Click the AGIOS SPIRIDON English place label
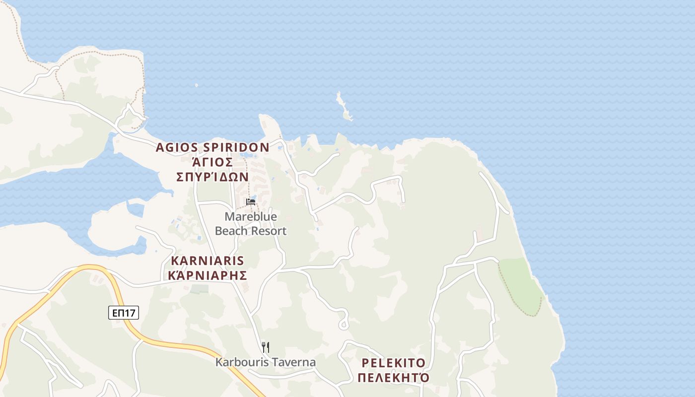coord(212,147)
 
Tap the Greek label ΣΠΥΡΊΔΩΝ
coord(212,177)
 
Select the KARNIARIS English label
coord(208,261)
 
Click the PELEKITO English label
coord(394,362)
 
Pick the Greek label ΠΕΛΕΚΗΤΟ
coord(394,378)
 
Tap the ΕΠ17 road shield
coord(124,313)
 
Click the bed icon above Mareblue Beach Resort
coord(251,201)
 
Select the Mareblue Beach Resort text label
coord(251,224)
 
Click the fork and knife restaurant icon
coord(266,347)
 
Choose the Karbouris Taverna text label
coord(266,362)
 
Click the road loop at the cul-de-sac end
coord(343,325)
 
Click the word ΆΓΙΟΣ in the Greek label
coord(212,162)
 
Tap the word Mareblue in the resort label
coord(251,217)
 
